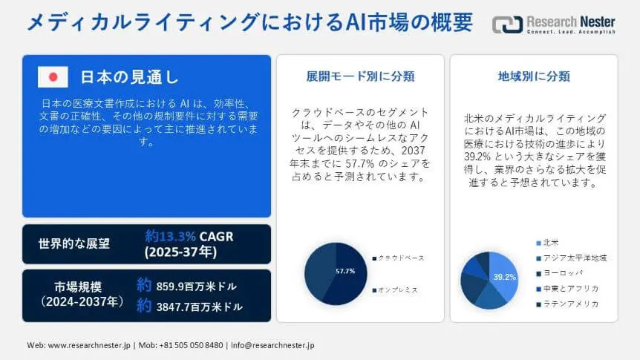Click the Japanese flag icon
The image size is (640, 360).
(53, 76)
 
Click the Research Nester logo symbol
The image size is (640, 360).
(507, 24)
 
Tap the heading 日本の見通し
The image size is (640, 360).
(129, 76)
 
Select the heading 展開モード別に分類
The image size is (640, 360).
(360, 76)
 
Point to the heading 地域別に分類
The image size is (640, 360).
(534, 76)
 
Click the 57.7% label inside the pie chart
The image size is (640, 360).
(345, 271)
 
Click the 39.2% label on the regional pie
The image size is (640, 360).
(504, 277)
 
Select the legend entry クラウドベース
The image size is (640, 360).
(399, 258)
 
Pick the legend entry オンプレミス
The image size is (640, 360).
(395, 289)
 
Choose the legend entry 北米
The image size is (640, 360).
(547, 243)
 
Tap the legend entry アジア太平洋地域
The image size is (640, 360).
(572, 258)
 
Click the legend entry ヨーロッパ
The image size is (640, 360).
(560, 273)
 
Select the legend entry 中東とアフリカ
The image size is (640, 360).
(567, 289)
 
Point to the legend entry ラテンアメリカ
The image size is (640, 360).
(567, 304)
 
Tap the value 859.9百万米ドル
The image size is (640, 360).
(196, 287)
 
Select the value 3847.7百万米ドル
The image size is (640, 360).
(200, 307)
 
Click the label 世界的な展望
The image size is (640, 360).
(74, 243)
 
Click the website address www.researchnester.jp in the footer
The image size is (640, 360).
(89, 345)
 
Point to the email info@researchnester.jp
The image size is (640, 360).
(272, 345)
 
